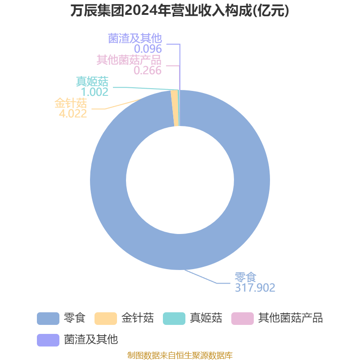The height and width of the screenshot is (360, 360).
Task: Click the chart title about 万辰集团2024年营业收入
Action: coord(180,11)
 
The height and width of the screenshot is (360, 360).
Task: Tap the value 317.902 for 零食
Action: coord(255,288)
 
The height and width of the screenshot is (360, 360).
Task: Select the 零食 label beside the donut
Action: coord(245,277)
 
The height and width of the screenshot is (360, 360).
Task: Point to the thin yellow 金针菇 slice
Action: coord(175,108)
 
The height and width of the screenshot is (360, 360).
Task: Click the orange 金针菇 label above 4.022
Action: coord(71,103)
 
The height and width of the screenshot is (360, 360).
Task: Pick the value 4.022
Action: coord(73,114)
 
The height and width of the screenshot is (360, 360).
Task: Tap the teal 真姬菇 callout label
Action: coord(92,81)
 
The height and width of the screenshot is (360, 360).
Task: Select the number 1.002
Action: coord(94,92)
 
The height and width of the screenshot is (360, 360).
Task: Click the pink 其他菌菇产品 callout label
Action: coord(129,60)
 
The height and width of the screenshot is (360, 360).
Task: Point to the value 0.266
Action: coord(148,71)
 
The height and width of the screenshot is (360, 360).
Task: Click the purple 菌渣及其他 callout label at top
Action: coord(135,38)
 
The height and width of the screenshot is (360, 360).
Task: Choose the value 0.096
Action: coord(148,49)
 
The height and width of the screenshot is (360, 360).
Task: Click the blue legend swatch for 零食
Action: coord(48,319)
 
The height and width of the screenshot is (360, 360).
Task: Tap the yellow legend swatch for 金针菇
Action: coord(106,319)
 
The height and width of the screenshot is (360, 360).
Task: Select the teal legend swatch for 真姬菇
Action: coord(174,319)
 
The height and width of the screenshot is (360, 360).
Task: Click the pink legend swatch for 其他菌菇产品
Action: coord(243,319)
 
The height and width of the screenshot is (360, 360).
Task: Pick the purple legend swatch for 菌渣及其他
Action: coord(48,340)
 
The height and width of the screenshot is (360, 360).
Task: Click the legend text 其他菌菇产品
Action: coord(290,318)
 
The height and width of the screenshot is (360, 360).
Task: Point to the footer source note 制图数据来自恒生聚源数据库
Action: coord(180,355)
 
